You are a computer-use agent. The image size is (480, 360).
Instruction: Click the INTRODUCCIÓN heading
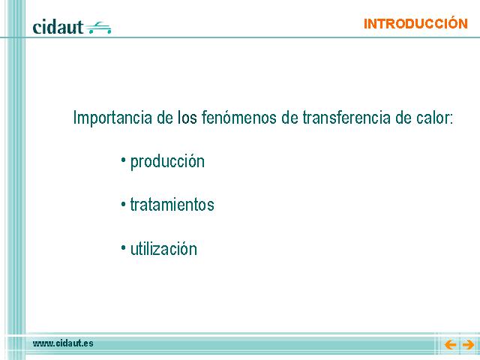[415, 23]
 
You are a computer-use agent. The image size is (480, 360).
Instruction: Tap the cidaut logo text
[58, 27]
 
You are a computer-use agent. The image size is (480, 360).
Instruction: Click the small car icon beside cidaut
[98, 28]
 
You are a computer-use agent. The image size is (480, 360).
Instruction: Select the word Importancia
[112, 118]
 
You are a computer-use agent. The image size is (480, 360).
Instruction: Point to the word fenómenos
[238, 117]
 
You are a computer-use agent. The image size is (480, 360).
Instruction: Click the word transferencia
[346, 117]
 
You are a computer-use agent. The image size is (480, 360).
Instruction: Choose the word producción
[167, 162]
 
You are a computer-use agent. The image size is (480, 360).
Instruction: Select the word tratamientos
[172, 205]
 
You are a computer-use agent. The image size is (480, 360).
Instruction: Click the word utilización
[163, 248]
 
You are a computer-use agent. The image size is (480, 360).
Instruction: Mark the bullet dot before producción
[123, 160]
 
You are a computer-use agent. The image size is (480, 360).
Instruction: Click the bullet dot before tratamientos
[123, 203]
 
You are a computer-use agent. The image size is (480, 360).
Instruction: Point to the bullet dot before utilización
[123, 247]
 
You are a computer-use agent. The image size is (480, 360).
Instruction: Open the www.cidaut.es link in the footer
[63, 343]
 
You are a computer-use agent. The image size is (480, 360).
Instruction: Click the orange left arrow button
[450, 345]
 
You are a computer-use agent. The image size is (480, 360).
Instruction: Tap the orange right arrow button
[468, 345]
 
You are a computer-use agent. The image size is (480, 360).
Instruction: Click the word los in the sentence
[187, 117]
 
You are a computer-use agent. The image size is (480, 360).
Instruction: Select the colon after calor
[451, 119]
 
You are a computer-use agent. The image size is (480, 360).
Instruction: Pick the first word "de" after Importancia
[165, 117]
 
